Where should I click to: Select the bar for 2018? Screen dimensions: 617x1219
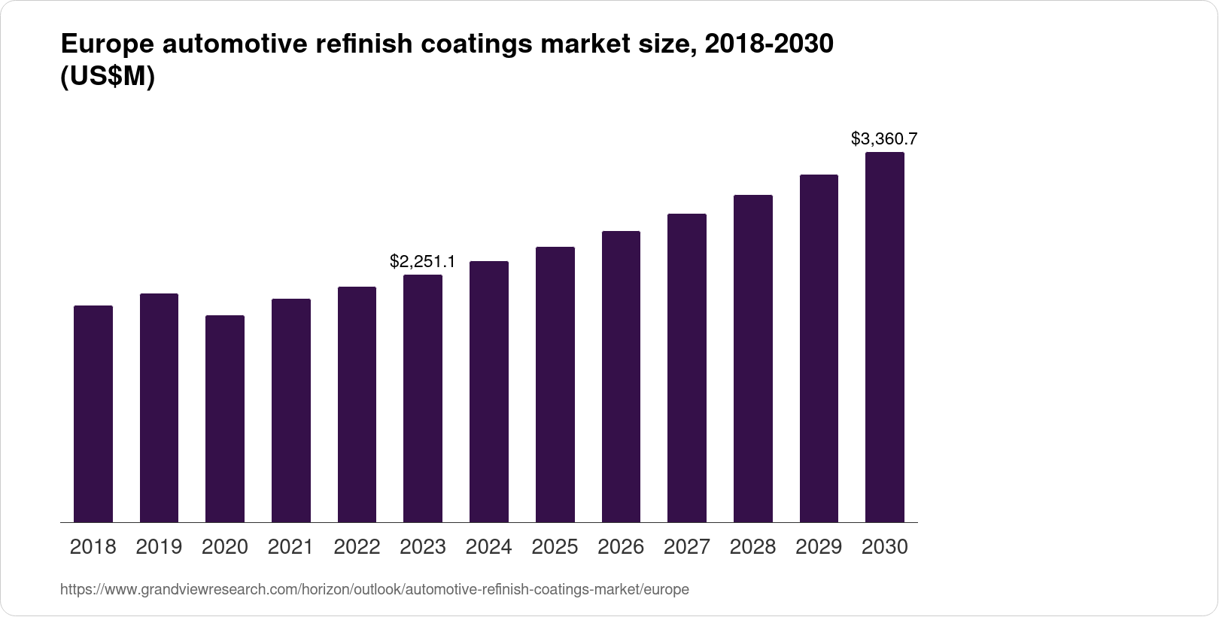[93, 414]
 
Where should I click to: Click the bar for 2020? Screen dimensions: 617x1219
[225, 418]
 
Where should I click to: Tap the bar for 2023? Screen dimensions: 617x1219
[423, 399]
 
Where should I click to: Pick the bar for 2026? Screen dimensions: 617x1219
[621, 376]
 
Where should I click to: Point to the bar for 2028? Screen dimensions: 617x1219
[753, 358]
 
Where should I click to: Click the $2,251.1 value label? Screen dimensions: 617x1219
[422, 261]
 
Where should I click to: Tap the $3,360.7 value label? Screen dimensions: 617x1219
[884, 138]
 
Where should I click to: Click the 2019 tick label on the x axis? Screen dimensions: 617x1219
[159, 547]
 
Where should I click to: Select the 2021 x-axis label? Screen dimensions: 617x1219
[290, 547]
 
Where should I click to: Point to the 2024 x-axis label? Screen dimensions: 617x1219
[489, 547]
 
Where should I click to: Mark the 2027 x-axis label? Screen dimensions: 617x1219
[687, 547]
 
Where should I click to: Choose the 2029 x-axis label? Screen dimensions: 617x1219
[819, 547]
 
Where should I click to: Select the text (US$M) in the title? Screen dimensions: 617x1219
[107, 78]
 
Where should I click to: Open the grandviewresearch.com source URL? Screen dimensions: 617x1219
[374, 590]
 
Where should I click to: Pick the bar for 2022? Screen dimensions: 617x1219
[357, 404]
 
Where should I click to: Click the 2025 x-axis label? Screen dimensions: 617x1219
[555, 547]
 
